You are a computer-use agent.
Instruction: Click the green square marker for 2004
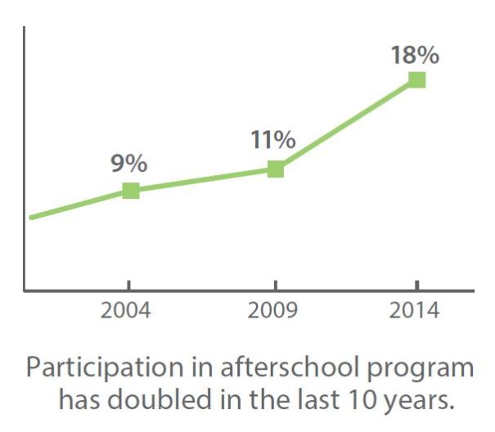(130, 191)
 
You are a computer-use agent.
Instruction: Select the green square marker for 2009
(276, 169)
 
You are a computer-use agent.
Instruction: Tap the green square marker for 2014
(417, 79)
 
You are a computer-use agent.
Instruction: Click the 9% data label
(129, 163)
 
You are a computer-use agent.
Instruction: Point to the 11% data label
(273, 140)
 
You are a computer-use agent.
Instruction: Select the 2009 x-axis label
(273, 312)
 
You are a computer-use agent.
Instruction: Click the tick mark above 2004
(128, 286)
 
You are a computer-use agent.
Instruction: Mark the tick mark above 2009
(273, 286)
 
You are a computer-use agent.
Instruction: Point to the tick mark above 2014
(417, 286)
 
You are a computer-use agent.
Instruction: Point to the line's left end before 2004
(32, 217)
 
